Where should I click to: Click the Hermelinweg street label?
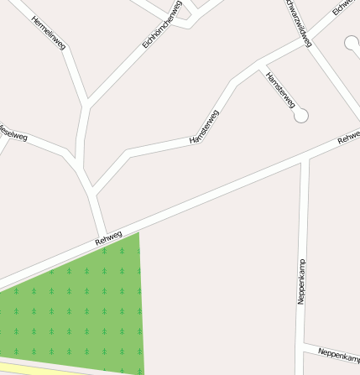click(x=49, y=33)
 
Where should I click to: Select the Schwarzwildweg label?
click(x=299, y=21)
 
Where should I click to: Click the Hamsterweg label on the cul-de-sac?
click(x=279, y=90)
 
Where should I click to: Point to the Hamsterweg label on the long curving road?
click(x=204, y=126)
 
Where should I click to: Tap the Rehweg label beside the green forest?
click(x=109, y=238)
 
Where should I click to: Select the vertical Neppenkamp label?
click(x=303, y=282)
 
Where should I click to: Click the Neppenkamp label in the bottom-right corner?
click(x=339, y=356)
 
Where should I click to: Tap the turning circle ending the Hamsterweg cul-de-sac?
click(x=301, y=116)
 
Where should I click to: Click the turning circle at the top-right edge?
click(x=352, y=43)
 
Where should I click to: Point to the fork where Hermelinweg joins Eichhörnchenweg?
click(x=86, y=105)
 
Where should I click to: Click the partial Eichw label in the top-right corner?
click(x=344, y=7)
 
